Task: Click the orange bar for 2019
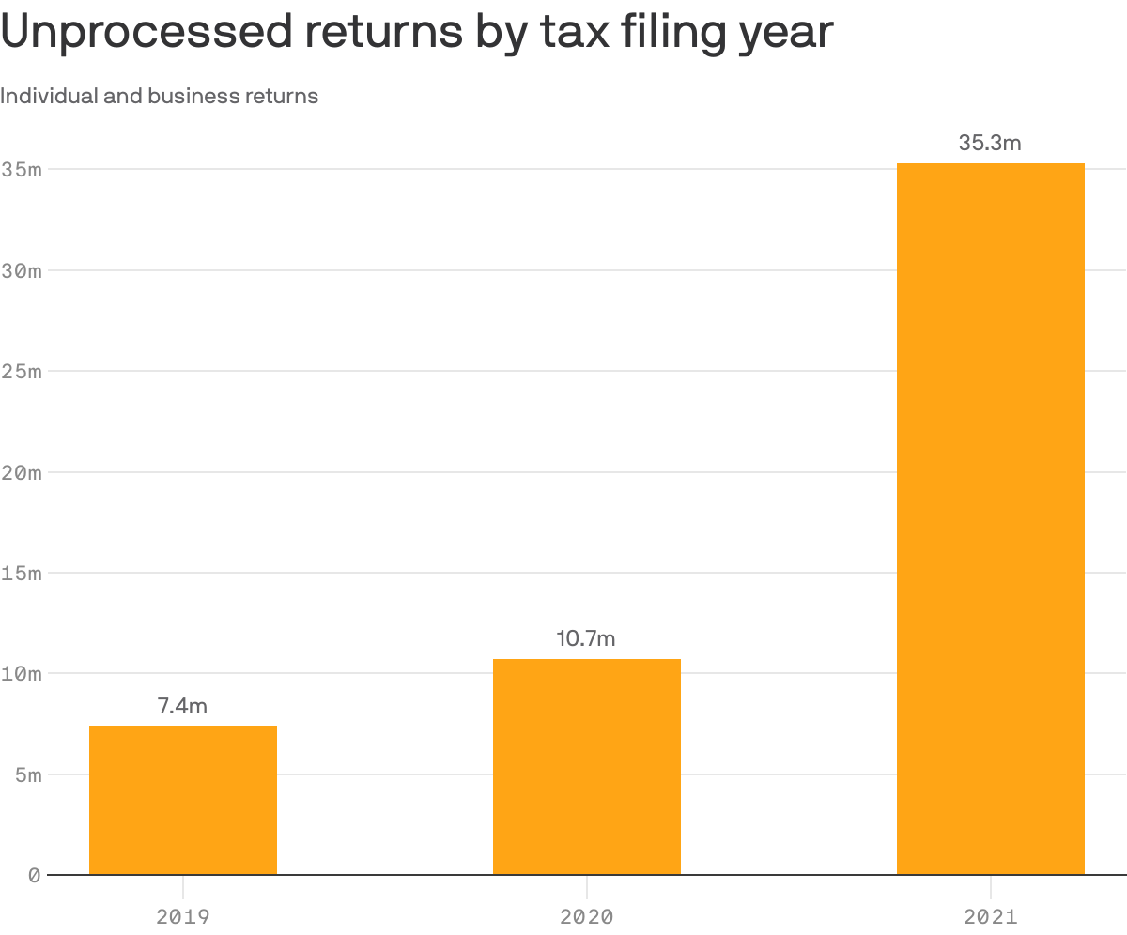click(183, 800)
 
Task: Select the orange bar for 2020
click(587, 766)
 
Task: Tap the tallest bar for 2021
click(991, 519)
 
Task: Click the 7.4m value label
click(183, 706)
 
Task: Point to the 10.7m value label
click(586, 638)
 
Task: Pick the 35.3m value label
click(990, 144)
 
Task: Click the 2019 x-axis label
click(183, 915)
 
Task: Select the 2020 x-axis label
click(587, 915)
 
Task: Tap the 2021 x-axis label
click(991, 915)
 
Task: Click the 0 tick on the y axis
click(34, 875)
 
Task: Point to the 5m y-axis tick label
click(28, 774)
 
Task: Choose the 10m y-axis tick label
click(22, 674)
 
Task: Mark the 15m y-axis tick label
click(22, 573)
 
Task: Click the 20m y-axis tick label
click(22, 472)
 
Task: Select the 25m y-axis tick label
click(22, 371)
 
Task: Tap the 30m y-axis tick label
click(22, 270)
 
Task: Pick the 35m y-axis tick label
click(22, 170)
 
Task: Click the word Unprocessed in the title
click(149, 33)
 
